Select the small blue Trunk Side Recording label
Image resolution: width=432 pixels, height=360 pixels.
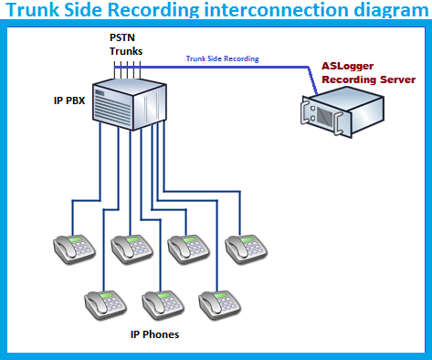point(222,58)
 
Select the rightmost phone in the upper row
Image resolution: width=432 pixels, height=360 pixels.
point(247,246)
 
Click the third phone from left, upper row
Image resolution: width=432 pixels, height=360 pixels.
point(189,246)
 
